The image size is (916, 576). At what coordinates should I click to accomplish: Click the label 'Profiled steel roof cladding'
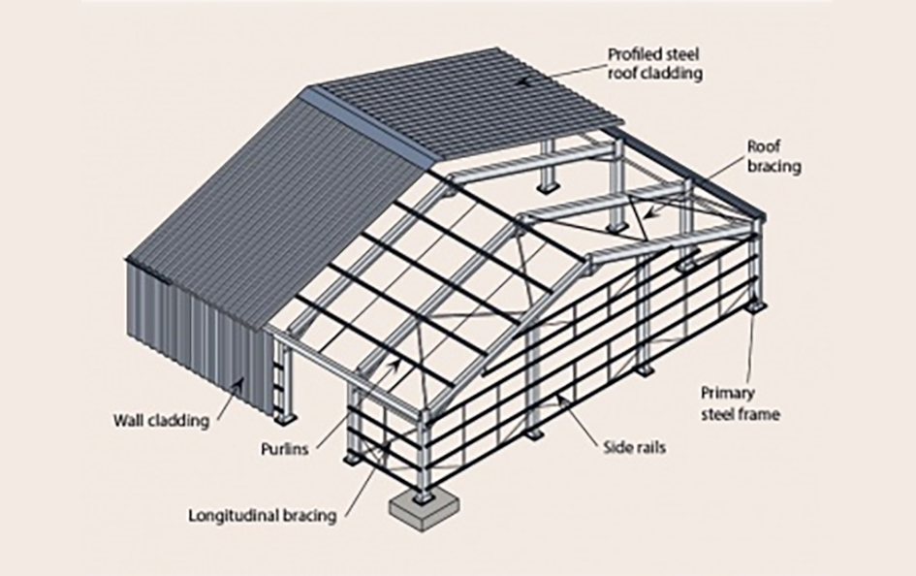tap(654, 62)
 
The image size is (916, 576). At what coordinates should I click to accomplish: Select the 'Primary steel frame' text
tap(740, 404)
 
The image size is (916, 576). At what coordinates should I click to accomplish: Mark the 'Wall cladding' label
tap(160, 421)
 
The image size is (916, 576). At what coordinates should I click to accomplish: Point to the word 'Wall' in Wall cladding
tap(129, 421)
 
